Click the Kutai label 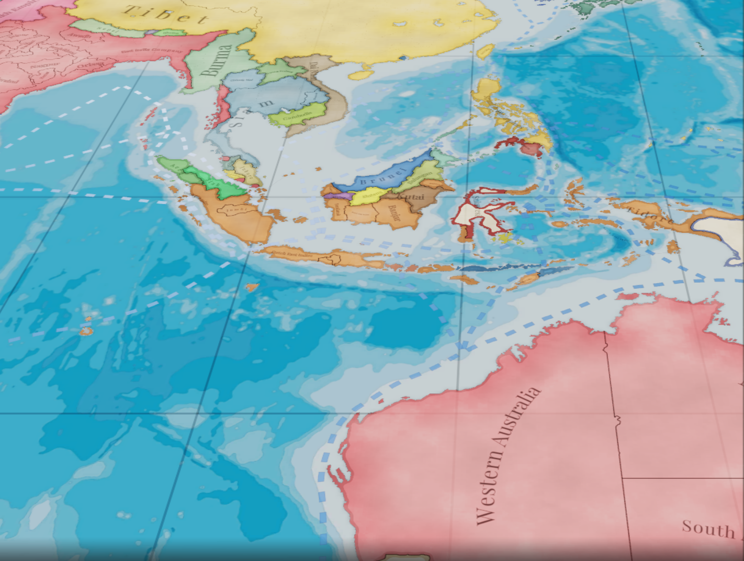412,198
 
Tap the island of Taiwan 484,51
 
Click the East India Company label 152,51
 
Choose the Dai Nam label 314,71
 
